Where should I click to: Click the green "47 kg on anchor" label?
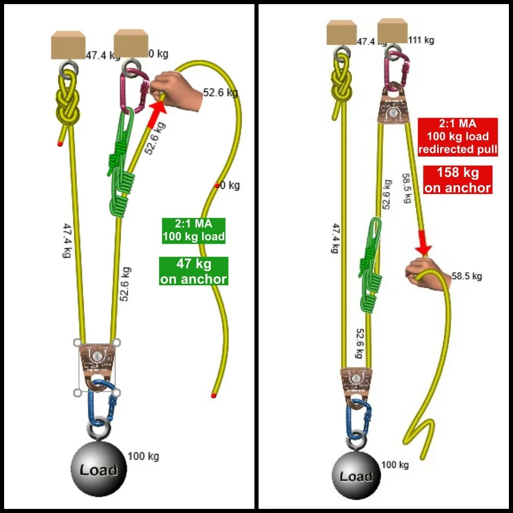tap(193, 271)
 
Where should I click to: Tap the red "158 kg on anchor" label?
tap(458, 180)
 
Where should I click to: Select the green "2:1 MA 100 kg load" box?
tap(193, 230)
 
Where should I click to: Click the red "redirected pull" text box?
tap(458, 137)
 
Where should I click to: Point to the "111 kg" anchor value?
tap(421, 40)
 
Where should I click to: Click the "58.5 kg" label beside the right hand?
tap(467, 277)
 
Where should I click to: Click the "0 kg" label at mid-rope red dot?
tap(230, 185)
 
